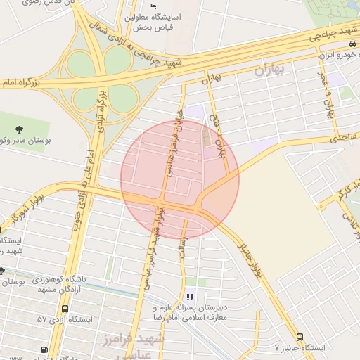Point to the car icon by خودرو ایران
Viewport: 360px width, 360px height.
[x=352, y=44]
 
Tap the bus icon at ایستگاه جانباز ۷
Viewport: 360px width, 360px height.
[x=300, y=337]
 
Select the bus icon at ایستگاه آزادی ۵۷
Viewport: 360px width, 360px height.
[x=65, y=309]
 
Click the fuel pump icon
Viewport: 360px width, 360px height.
[x=45, y=349]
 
